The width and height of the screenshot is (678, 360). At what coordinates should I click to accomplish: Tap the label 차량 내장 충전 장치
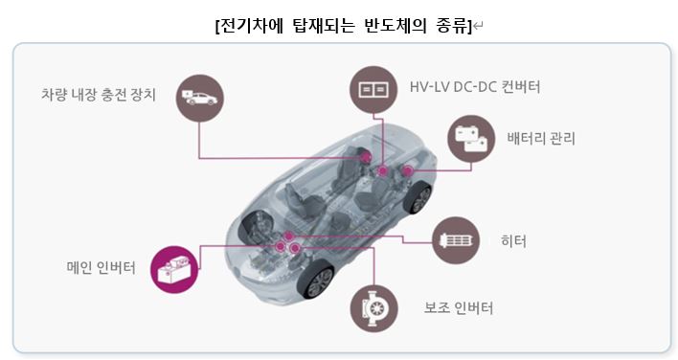[99, 95]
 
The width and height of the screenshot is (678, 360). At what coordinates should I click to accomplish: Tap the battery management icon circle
[470, 140]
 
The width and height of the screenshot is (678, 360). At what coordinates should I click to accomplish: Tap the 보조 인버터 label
[459, 308]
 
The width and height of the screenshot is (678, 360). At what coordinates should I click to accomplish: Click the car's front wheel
[315, 284]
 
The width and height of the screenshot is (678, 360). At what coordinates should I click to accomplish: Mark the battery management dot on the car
[408, 171]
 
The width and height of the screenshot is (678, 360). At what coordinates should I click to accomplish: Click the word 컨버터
[517, 88]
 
